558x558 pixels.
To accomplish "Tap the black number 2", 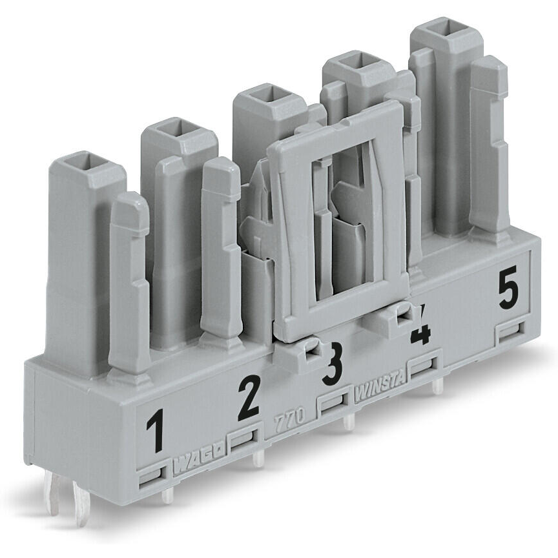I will click(247, 399).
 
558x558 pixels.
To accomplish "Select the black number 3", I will click(333, 365).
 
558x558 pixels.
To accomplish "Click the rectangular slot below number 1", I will click(150, 477).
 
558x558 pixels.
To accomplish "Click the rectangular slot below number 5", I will click(510, 332).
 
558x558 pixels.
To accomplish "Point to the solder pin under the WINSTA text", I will click(438, 386).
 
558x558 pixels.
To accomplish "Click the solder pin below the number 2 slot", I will click(258, 459).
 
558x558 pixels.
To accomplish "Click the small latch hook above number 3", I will click(313, 349).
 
